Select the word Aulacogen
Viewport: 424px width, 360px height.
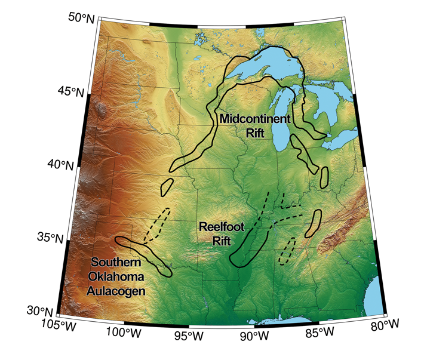click(x=117, y=291)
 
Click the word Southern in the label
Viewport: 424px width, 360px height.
click(x=116, y=262)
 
